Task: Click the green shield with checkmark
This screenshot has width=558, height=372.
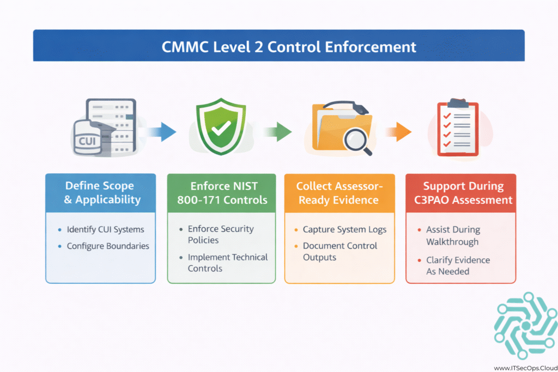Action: click(x=221, y=127)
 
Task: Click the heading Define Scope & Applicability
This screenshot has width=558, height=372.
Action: click(x=100, y=192)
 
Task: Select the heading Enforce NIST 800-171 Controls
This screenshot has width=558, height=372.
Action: click(x=222, y=192)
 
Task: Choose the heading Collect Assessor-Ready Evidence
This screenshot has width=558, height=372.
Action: click(x=339, y=192)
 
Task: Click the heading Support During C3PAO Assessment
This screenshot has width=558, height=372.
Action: click(x=460, y=192)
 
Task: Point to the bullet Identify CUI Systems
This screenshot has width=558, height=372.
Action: click(x=101, y=229)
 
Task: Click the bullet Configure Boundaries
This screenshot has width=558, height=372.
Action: click(x=108, y=246)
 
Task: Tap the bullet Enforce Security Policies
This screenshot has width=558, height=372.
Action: click(x=221, y=234)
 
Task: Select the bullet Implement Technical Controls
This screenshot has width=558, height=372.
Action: click(x=228, y=263)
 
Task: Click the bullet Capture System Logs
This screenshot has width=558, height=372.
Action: click(x=344, y=229)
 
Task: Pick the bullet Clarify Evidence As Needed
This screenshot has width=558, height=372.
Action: click(x=458, y=265)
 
